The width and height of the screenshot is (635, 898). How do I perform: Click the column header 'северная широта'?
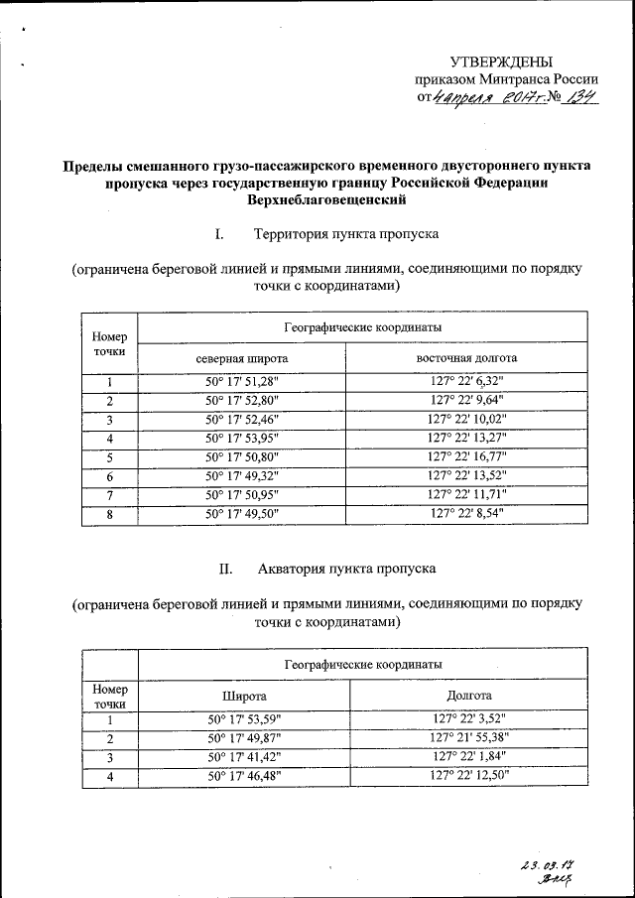coord(242,357)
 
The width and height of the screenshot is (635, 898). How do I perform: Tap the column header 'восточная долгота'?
coord(466,357)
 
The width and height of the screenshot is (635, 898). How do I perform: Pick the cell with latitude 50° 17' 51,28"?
coord(242,382)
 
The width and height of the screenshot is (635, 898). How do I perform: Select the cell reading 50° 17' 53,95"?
coord(242,438)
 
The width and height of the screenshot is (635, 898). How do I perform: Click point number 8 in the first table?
coord(109,514)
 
